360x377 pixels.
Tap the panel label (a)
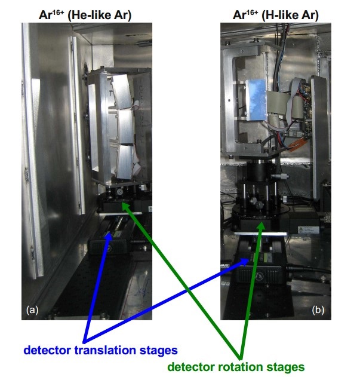tap(32, 309)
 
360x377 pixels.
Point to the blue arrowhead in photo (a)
tap(109, 235)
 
